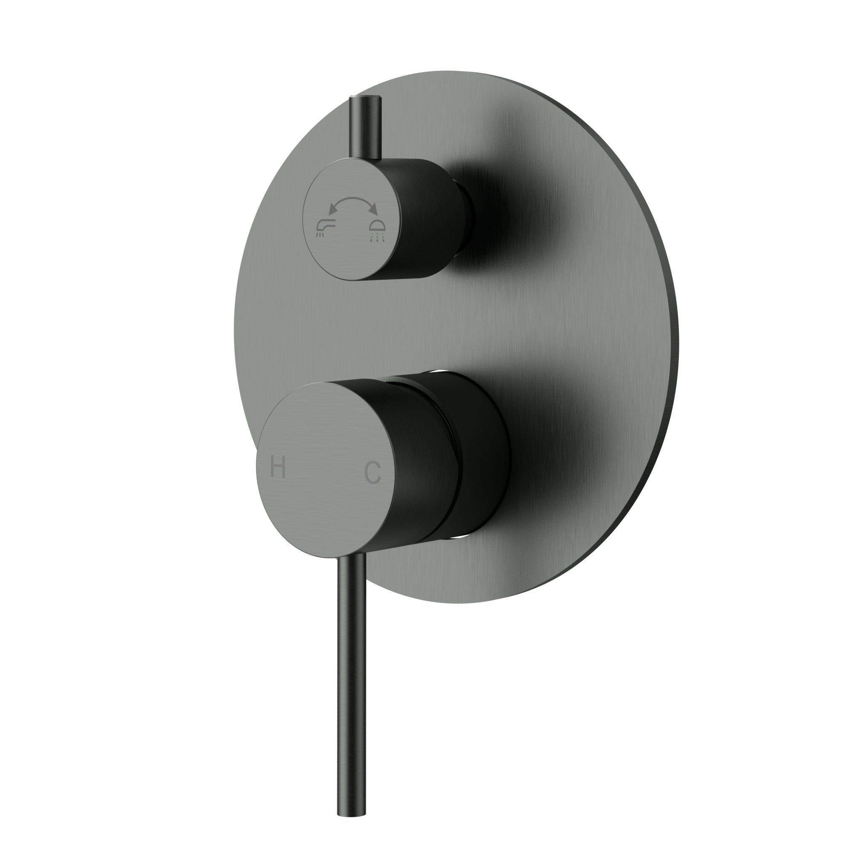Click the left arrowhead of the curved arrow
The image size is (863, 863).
click(x=332, y=209)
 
